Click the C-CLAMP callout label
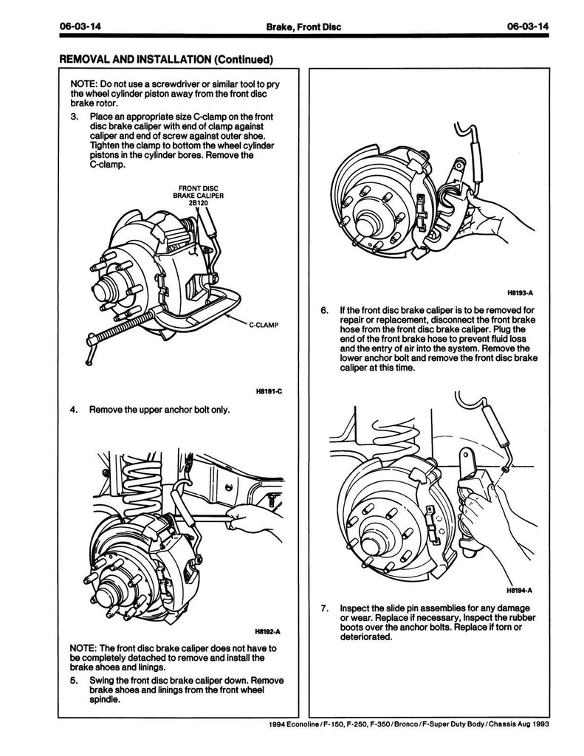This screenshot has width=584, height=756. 264,325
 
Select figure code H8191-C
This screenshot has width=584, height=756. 269,391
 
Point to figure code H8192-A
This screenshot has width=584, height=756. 267,632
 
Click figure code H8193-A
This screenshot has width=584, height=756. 521,292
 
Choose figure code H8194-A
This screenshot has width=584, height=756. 519,590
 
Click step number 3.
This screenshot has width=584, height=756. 74,117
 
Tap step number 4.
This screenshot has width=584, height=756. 74,410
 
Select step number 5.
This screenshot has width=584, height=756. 74,680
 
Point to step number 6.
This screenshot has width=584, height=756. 325,310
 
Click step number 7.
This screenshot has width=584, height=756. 325,608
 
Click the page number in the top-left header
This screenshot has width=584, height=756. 80,26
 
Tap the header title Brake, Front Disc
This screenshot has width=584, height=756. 303,27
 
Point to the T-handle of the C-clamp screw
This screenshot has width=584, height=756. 89,349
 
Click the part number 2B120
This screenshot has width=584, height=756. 198,202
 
